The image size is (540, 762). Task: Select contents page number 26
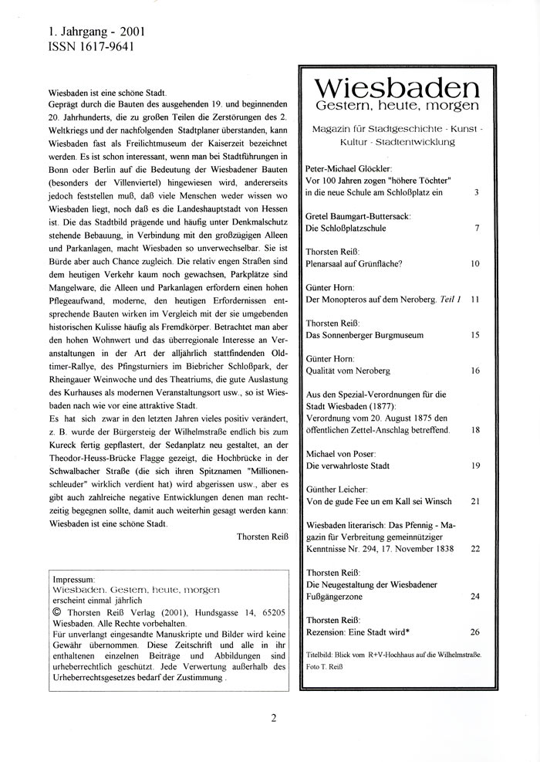pos(474,632)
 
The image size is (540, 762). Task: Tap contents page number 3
pos(477,191)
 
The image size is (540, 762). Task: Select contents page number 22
pos(474,548)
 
